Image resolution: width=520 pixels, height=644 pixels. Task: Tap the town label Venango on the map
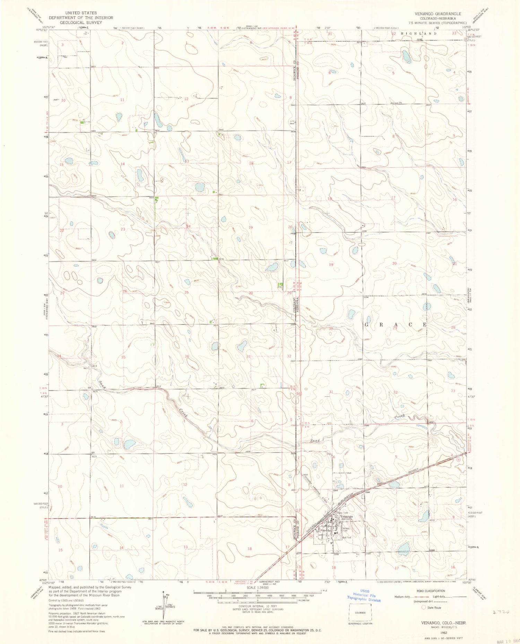[347, 516]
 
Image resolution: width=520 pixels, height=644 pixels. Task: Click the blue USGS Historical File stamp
[364, 595]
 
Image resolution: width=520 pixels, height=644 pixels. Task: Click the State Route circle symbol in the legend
[423, 608]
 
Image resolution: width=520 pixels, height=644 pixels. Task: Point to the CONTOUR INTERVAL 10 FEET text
[258, 606]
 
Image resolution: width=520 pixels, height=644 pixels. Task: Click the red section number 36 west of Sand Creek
[187, 356]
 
